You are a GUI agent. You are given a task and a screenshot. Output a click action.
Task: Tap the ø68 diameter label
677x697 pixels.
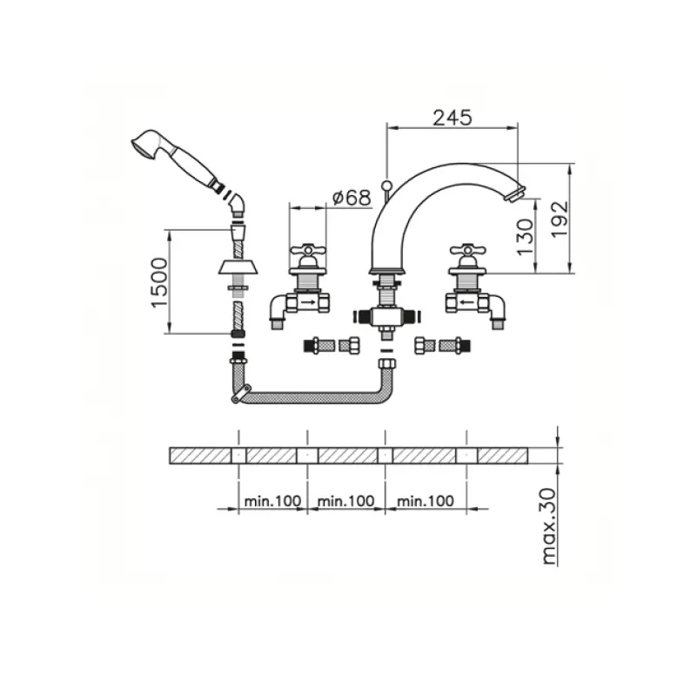(x=352, y=198)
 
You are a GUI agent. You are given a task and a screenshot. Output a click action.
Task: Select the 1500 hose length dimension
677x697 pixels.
(x=158, y=281)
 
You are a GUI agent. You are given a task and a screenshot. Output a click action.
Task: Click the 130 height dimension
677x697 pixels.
(x=524, y=235)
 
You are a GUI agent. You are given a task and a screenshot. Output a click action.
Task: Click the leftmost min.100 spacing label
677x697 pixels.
(x=272, y=501)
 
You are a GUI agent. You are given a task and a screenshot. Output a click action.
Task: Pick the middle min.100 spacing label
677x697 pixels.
(x=345, y=501)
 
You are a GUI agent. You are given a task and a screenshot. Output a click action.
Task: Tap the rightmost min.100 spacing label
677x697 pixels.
(x=425, y=501)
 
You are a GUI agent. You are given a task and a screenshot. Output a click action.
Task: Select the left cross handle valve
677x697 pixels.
(x=307, y=253)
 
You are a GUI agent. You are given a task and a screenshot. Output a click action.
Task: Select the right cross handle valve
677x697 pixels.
(x=466, y=253)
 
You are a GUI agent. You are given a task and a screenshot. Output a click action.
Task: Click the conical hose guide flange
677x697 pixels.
(x=238, y=266)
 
